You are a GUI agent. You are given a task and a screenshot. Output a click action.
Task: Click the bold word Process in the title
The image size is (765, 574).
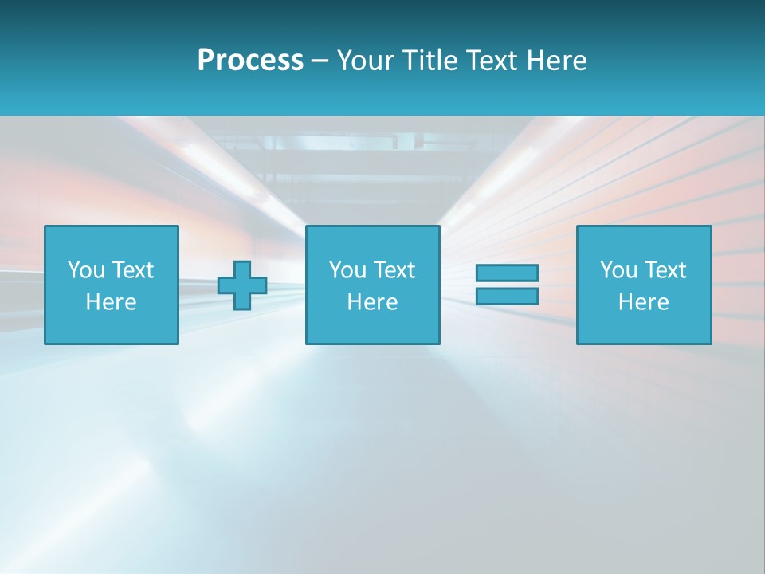point(250,61)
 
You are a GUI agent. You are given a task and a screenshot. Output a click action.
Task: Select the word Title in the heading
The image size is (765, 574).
point(428,61)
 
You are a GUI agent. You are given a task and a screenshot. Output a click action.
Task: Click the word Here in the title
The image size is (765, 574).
point(555,61)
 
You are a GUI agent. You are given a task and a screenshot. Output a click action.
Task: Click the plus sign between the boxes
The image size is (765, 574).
point(242,285)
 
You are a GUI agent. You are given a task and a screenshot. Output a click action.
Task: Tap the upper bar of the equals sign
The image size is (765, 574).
point(507,273)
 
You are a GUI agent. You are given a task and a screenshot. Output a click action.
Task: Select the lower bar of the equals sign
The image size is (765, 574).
point(507,297)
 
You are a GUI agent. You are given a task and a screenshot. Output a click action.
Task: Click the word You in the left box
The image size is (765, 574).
point(86,270)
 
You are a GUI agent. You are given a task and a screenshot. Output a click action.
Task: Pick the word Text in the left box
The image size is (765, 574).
point(132,270)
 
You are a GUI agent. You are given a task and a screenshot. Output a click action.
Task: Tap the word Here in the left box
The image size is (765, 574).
point(111,302)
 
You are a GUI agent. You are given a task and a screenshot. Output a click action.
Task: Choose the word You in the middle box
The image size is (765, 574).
point(347,270)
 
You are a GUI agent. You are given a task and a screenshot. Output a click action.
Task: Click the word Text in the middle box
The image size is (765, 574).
point(394,270)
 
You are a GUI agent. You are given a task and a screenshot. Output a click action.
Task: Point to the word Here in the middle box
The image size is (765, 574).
point(372,302)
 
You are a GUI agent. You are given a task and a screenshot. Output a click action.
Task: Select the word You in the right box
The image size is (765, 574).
point(618,270)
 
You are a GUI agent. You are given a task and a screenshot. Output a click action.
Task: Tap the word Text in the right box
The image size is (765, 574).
point(665,270)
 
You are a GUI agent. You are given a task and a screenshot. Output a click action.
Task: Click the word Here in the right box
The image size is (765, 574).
point(643,302)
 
